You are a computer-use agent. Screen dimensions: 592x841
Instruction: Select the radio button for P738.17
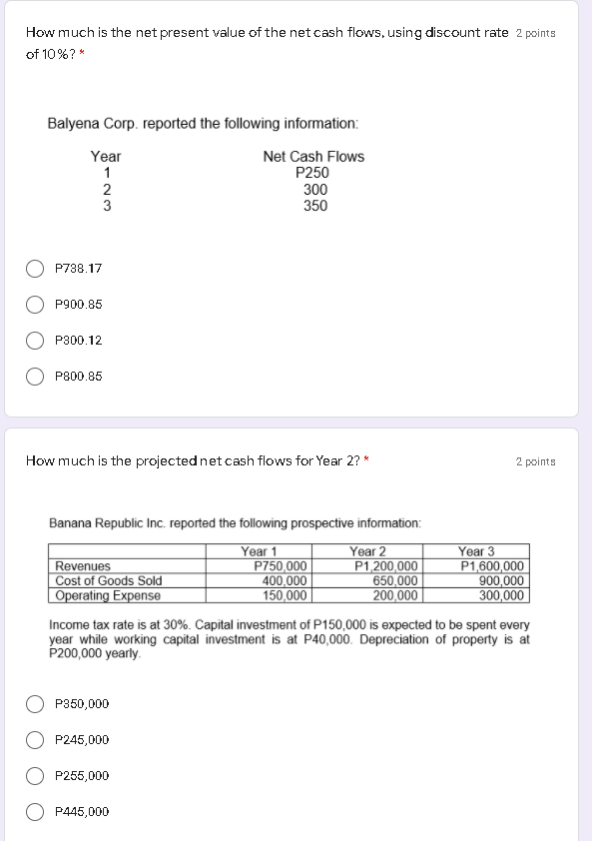click(x=35, y=269)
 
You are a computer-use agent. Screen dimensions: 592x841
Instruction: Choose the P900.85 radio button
click(x=35, y=305)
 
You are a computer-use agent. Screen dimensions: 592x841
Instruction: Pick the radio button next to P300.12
click(x=35, y=341)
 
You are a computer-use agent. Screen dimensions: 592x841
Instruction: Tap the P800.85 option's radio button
click(x=35, y=377)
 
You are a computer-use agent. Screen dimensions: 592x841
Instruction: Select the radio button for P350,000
click(x=35, y=704)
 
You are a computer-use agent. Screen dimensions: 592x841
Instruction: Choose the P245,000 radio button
click(x=35, y=740)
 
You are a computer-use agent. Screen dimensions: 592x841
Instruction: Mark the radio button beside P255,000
click(x=35, y=776)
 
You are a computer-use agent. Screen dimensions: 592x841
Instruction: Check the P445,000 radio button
click(x=35, y=812)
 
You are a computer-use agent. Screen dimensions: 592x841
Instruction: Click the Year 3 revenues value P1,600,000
click(x=492, y=566)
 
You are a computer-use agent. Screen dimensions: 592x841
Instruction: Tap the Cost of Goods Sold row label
click(x=109, y=581)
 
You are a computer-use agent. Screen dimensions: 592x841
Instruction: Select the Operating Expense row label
click(x=107, y=596)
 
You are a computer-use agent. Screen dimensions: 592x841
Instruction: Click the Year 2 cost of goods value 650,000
click(x=394, y=581)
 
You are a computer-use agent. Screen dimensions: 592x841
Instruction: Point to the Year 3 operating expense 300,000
click(x=502, y=596)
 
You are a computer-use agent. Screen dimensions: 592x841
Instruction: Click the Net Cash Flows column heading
click(x=313, y=157)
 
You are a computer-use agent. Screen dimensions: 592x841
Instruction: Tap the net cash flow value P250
click(x=313, y=173)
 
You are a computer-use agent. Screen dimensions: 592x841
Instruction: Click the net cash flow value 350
click(x=315, y=206)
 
